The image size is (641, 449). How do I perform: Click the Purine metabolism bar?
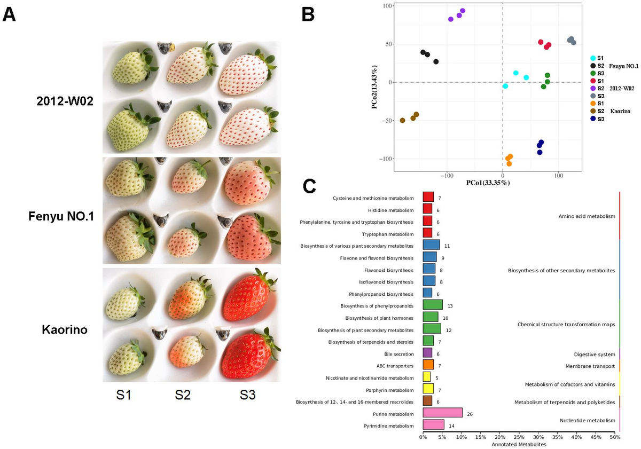tap(442, 413)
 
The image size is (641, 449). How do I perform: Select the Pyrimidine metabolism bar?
tap(433, 425)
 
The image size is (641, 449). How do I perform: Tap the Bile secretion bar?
tap(427, 353)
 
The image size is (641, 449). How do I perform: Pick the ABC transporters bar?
tap(428, 365)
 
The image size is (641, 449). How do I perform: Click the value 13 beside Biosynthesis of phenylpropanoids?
tap(450, 306)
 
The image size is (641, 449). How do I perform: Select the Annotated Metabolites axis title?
tap(519, 444)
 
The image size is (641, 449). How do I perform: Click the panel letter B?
tap(308, 14)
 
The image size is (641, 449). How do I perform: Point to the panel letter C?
tap(310, 185)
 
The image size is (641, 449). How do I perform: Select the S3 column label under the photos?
tap(247, 396)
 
